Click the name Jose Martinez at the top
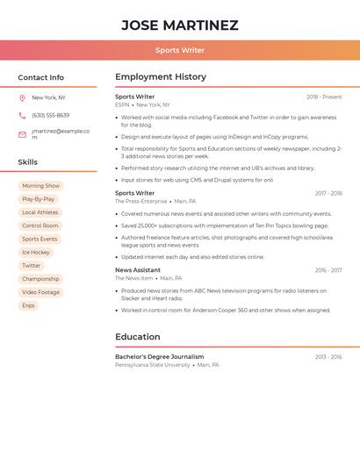(x=179, y=25)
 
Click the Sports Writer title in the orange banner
(x=179, y=51)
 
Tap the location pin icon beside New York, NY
(x=22, y=98)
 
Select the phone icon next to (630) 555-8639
(x=22, y=116)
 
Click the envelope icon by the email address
(x=22, y=134)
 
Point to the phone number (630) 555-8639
(x=50, y=116)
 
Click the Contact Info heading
(x=40, y=77)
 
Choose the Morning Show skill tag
(x=40, y=186)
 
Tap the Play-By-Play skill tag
(x=38, y=199)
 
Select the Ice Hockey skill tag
(x=36, y=253)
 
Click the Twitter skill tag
(x=31, y=266)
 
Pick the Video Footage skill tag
(x=40, y=292)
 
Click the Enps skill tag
(x=28, y=305)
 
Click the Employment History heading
(x=161, y=77)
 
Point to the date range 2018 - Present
(x=324, y=97)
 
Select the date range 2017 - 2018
(x=328, y=193)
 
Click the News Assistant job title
(x=138, y=270)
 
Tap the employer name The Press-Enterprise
(x=140, y=201)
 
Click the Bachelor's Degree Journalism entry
(x=159, y=357)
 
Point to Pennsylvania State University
(x=152, y=365)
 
